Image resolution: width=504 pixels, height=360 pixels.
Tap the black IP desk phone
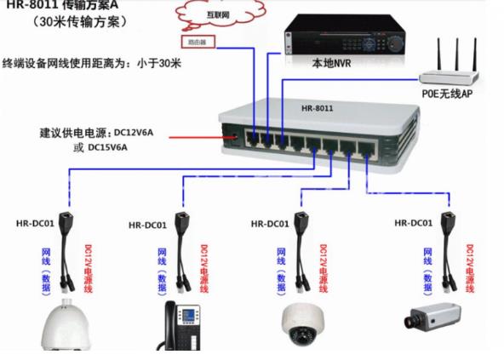click(x=182, y=327)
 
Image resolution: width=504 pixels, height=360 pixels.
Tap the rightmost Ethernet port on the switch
click(x=367, y=146)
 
